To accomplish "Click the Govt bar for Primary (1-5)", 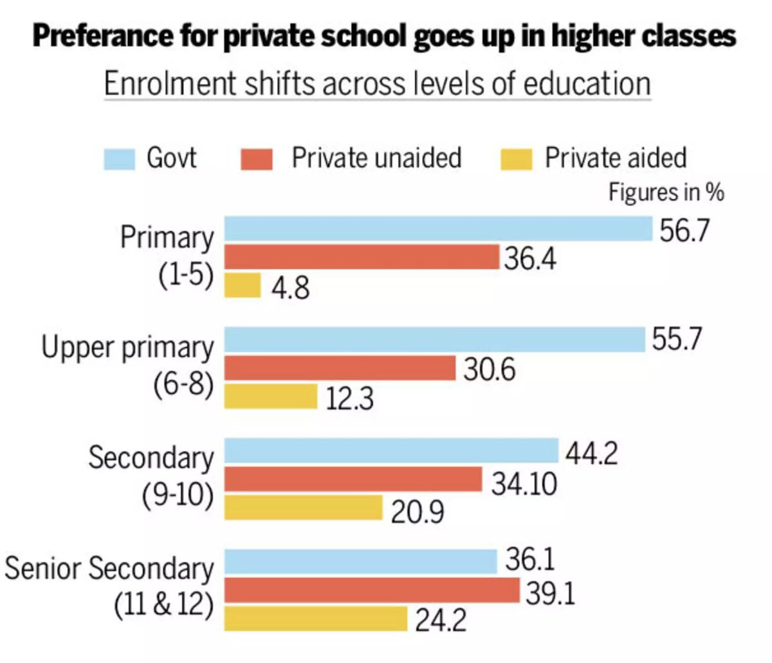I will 438,229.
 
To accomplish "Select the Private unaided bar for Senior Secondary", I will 372,590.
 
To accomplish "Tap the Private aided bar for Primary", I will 243,285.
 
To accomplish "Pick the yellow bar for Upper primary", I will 271,397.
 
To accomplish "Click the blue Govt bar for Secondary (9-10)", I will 391,451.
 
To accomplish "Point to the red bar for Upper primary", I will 340,368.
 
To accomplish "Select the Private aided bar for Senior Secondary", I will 316,619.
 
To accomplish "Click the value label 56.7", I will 685,230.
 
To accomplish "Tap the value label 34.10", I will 524,483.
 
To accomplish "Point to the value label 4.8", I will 289,288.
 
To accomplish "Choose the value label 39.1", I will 550,593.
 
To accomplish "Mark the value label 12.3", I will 349,399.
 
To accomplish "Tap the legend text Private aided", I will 616,158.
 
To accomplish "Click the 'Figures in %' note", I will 666,192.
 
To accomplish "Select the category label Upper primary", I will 127,348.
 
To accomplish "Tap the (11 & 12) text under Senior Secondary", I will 163,605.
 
